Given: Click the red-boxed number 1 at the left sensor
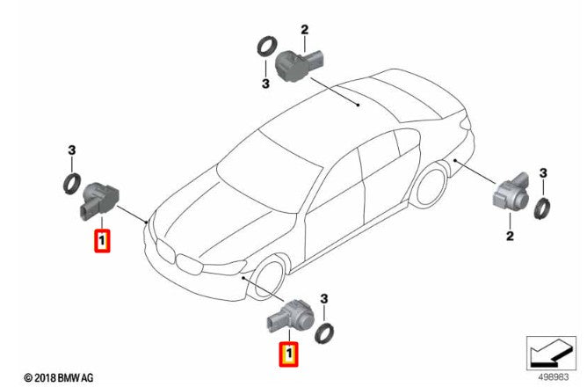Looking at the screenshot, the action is coord(102,241).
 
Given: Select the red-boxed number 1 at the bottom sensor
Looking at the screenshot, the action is coord(288,354).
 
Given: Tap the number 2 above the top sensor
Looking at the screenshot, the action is coord(304,30).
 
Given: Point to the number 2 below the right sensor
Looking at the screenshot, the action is coord(510,236).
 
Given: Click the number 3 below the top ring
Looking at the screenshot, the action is coord(265,84).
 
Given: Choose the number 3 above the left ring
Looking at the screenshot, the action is coord(71,150).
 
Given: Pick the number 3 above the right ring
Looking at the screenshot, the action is coord(543,173).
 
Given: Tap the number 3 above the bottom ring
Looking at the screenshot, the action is coord(324,299).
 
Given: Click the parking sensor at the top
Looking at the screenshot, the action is coord(298,65).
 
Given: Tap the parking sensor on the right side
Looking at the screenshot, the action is coord(511,193).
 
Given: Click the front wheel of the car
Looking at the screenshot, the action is coord(268,278).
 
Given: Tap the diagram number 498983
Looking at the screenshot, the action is coord(554,376).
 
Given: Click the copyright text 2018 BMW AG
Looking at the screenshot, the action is coord(59,377).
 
